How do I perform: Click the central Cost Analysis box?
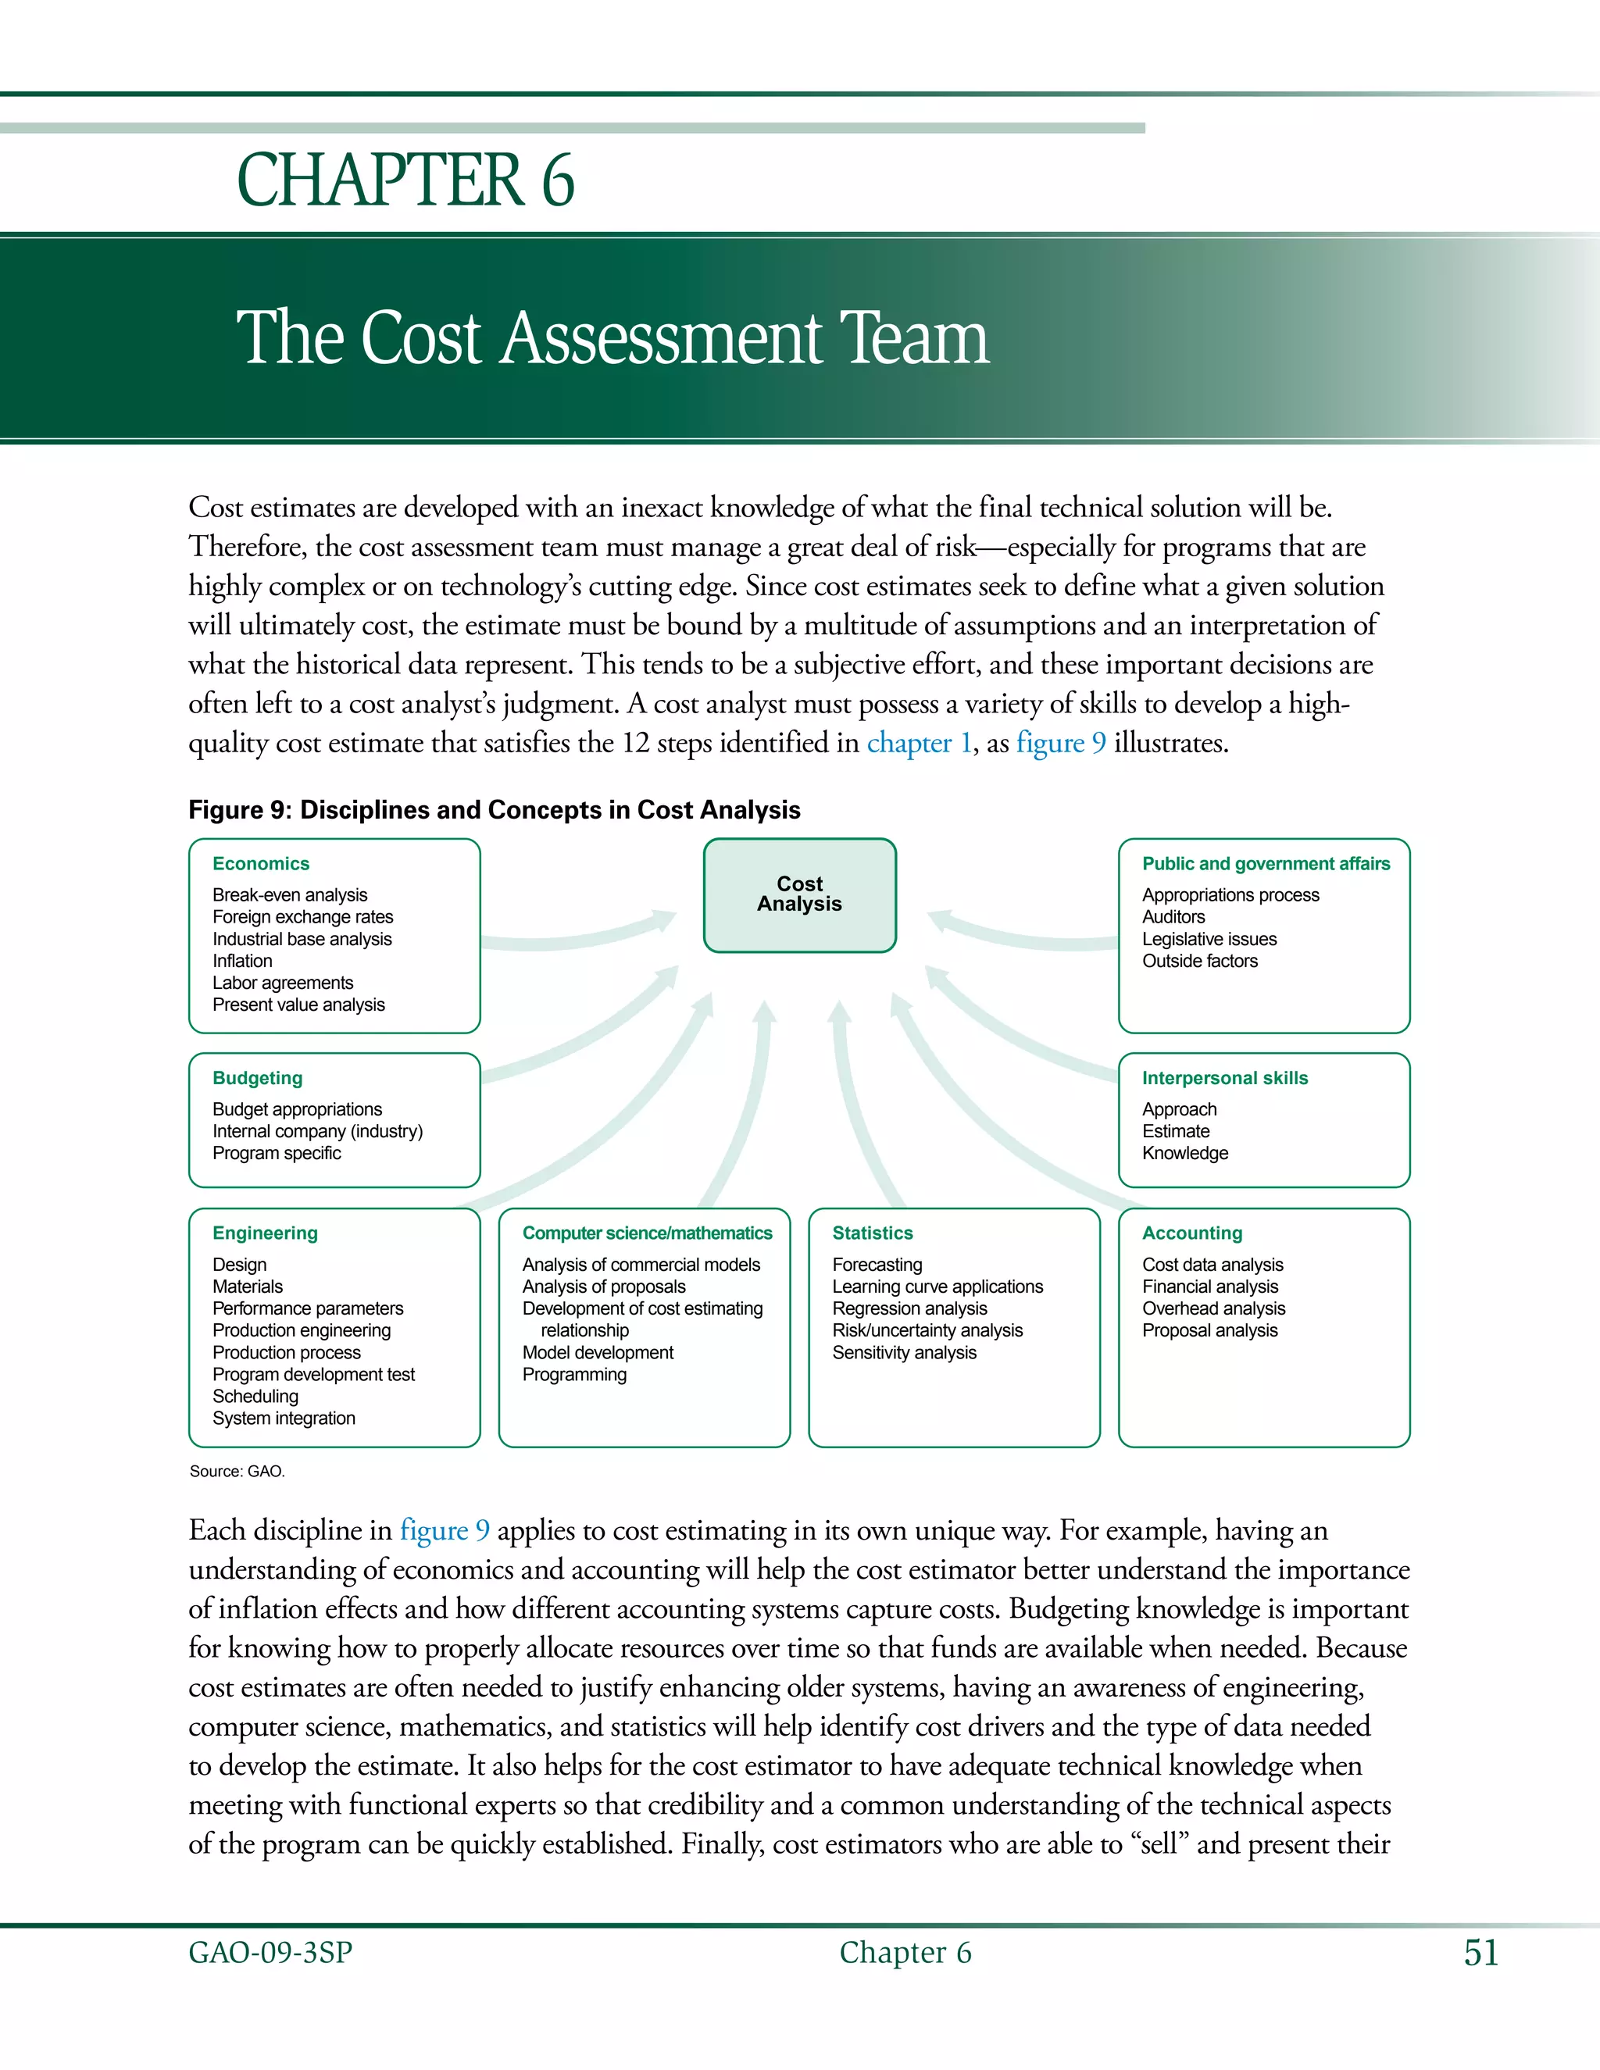[799, 894]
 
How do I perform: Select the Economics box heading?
[261, 863]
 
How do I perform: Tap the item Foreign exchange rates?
[302, 916]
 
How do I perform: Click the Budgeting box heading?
[257, 1078]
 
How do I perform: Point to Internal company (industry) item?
[317, 1131]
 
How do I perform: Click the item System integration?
[284, 1418]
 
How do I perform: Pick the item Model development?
[597, 1352]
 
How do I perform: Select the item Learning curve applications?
[937, 1287]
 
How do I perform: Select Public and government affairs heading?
[1266, 863]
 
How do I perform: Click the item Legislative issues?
[1209, 938]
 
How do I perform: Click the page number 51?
[1480, 1953]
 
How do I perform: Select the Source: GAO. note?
[237, 1471]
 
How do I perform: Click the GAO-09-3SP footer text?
[270, 1953]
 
